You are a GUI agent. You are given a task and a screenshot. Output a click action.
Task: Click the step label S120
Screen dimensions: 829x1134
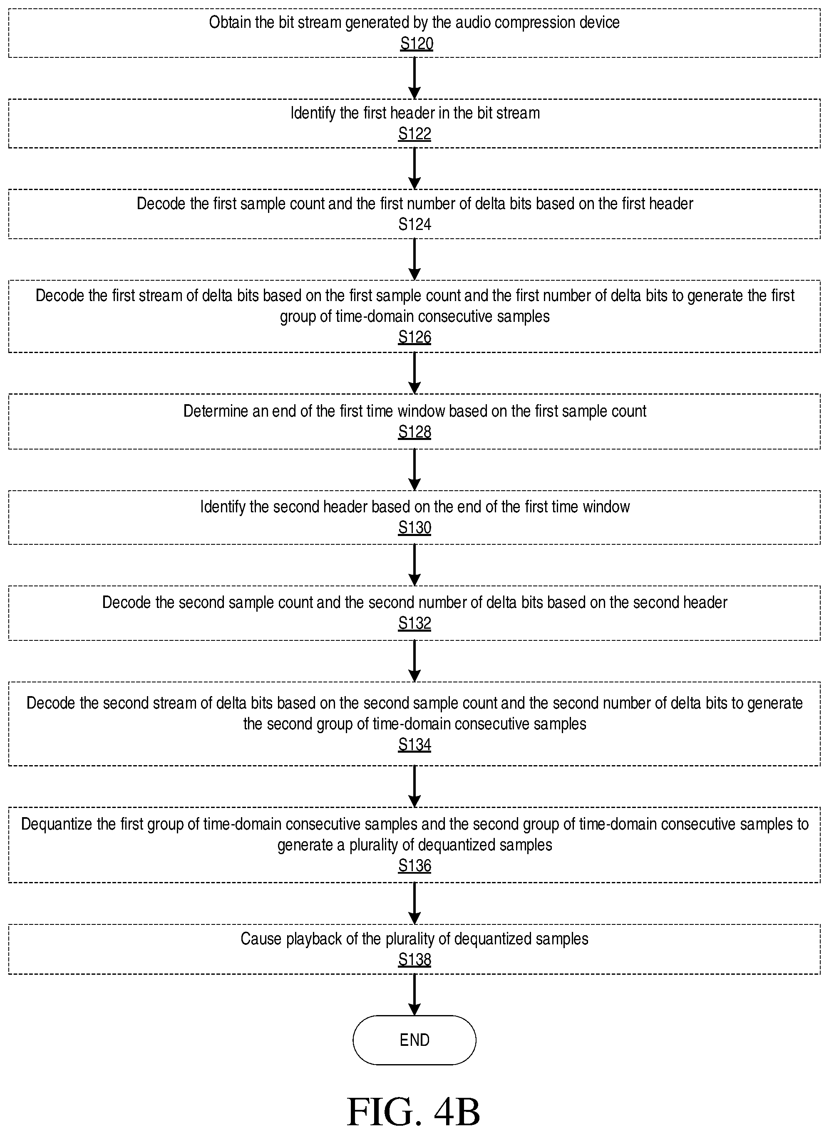(x=417, y=44)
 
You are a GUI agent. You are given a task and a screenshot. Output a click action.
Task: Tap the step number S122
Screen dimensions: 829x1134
(x=414, y=134)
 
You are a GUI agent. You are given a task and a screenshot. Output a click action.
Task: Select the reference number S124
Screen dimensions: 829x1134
(x=414, y=224)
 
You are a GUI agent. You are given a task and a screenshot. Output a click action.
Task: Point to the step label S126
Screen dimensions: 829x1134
(x=414, y=337)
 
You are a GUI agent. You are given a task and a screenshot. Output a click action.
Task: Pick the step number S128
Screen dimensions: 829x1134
(x=414, y=432)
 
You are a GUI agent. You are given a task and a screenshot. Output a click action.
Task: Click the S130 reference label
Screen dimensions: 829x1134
(x=414, y=528)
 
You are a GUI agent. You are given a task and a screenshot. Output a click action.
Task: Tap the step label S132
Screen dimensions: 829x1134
(x=414, y=623)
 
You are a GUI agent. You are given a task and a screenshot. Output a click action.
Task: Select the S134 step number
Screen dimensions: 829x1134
(x=414, y=745)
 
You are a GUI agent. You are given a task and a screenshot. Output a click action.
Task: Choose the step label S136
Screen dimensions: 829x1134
(x=414, y=866)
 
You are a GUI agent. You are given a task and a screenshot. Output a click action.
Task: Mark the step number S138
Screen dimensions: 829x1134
(x=414, y=959)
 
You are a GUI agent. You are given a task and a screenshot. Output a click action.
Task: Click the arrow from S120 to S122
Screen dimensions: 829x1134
(x=414, y=78)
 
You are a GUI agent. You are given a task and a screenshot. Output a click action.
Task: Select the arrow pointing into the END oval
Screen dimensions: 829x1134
(x=414, y=995)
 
